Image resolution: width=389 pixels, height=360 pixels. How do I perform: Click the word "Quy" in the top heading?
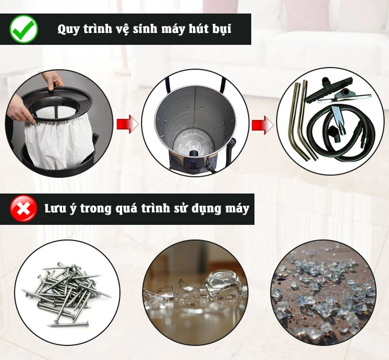coord(69,30)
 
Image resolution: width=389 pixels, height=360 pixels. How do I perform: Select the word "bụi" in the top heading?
coord(220,30)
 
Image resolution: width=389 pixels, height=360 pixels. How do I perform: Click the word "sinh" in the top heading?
coord(142,30)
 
